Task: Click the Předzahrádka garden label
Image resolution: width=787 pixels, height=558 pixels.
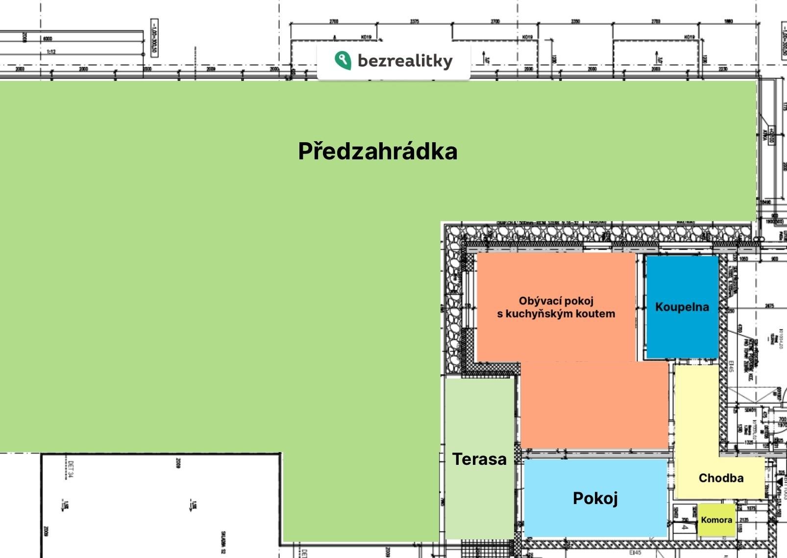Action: pyautogui.click(x=377, y=151)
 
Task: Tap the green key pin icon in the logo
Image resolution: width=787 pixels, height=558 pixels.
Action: pyautogui.click(x=343, y=60)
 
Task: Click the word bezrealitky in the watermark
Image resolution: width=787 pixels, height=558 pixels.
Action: pyautogui.click(x=405, y=61)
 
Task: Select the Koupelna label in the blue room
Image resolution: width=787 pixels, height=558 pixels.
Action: pyautogui.click(x=682, y=307)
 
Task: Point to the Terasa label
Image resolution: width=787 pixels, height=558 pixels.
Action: pyautogui.click(x=479, y=459)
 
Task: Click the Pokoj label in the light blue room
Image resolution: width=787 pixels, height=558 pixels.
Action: pyautogui.click(x=595, y=498)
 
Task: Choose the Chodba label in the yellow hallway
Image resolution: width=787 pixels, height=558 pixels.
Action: pyautogui.click(x=721, y=478)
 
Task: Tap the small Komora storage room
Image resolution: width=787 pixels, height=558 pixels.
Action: pyautogui.click(x=716, y=520)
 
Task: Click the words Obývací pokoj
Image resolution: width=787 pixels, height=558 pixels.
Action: pyautogui.click(x=556, y=301)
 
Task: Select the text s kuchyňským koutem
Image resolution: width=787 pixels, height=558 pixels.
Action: pyautogui.click(x=556, y=314)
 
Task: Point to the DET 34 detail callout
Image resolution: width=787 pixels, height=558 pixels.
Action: pyautogui.click(x=71, y=469)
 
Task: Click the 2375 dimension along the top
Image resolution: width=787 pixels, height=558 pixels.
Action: pyautogui.click(x=415, y=22)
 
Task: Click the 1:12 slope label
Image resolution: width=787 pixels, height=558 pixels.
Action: pyautogui.click(x=50, y=51)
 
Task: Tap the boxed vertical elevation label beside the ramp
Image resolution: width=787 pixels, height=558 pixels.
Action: pyautogui.click(x=154, y=38)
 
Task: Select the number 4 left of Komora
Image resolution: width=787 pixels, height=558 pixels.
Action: pyautogui.click(x=684, y=528)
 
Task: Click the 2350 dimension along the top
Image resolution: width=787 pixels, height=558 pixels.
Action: pyautogui.click(x=575, y=22)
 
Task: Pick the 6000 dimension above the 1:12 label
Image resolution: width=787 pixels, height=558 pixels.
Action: pyautogui.click(x=48, y=39)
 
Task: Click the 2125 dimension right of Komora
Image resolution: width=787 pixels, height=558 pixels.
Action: pyautogui.click(x=743, y=520)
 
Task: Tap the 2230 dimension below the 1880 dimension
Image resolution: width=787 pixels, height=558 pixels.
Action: pyautogui.click(x=723, y=69)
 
